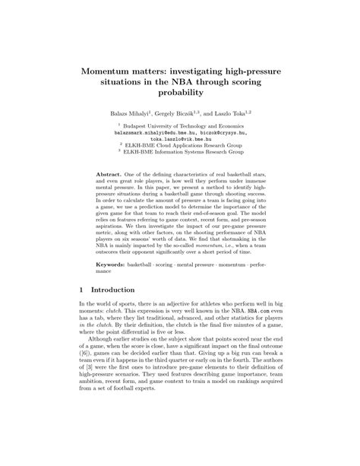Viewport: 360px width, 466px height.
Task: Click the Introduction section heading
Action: click(x=113, y=289)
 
